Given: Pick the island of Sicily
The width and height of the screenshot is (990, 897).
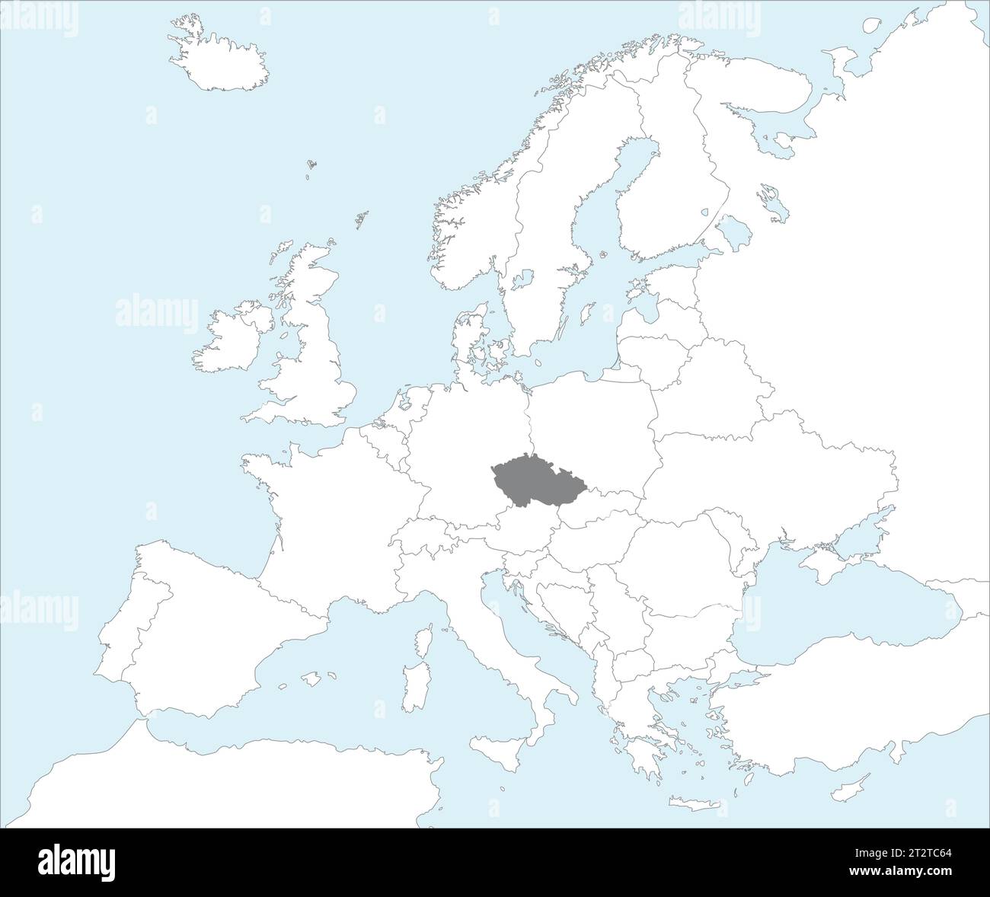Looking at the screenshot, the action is (x=499, y=750).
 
